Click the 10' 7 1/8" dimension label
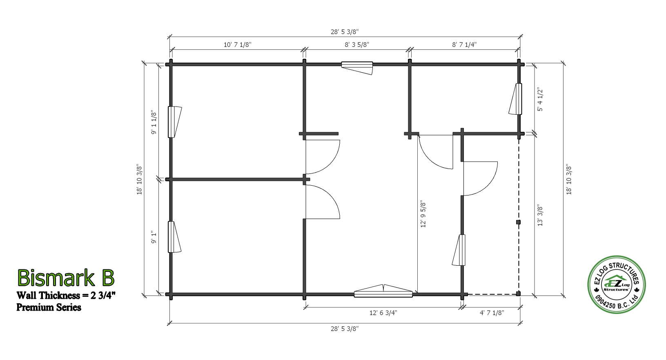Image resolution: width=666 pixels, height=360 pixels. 238,44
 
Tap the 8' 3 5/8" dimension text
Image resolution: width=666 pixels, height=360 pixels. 357,44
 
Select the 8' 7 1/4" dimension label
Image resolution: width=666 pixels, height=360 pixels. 464,44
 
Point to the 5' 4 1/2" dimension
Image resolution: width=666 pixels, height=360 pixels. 540,100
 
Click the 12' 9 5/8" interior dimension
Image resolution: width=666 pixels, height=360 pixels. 423,214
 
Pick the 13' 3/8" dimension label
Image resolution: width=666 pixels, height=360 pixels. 540,215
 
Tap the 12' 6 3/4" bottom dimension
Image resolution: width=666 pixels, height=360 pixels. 383,313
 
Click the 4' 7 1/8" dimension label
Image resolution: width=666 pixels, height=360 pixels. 492,313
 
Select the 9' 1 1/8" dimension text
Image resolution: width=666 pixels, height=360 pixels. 154,122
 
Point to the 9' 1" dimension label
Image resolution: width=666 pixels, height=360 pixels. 154,237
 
